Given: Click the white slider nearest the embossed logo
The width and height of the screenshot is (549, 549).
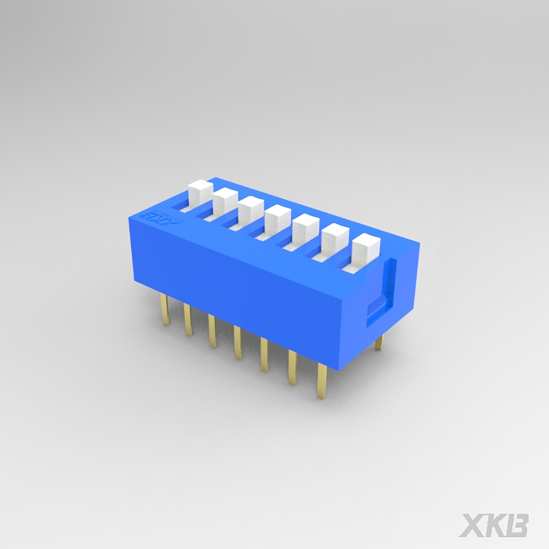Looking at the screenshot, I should pyautogui.click(x=199, y=195).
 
